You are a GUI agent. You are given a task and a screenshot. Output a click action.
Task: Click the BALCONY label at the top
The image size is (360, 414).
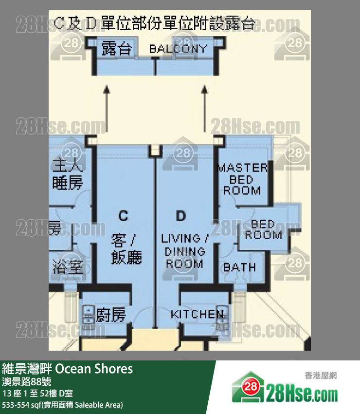point(178,49)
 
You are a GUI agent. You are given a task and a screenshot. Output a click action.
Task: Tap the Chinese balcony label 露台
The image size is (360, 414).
point(117,49)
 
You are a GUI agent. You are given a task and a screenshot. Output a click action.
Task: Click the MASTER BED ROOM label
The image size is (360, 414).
point(242,179)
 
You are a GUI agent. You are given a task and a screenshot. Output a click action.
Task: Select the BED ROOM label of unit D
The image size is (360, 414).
point(263,229)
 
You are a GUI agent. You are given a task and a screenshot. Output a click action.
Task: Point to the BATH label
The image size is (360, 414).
point(239,267)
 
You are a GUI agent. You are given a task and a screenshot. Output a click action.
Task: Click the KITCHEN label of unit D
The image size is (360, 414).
point(197,314)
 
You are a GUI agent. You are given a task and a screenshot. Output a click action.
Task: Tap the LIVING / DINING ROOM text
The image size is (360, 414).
point(184,251)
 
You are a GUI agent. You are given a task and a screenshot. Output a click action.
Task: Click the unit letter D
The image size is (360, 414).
point(181,215)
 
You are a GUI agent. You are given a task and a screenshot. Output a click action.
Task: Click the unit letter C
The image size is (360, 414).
point(124,215)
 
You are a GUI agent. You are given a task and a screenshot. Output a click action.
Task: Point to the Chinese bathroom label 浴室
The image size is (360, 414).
point(68,267)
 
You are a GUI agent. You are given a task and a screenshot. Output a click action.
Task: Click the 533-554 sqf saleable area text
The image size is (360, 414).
point(63,405)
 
